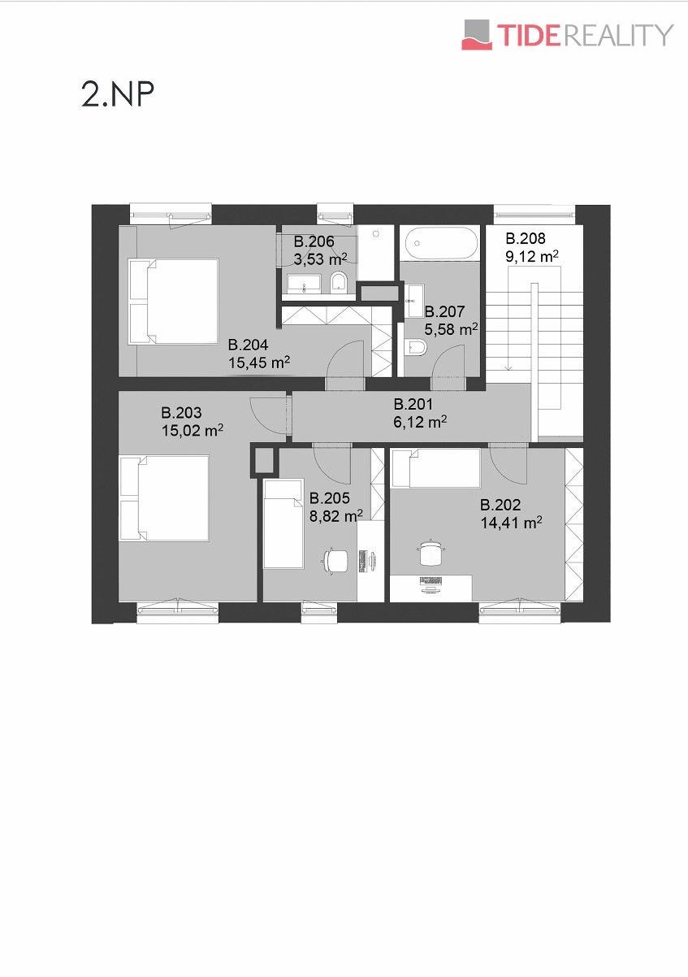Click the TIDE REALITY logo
(567, 35)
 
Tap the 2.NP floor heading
(117, 94)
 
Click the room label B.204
(248, 345)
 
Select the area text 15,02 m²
(193, 431)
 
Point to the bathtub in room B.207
(440, 243)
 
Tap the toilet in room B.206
(339, 282)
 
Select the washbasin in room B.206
(304, 284)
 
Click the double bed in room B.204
(174, 302)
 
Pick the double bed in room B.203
(164, 498)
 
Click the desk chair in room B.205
(335, 560)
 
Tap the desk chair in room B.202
(431, 553)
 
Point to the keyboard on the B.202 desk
(431, 581)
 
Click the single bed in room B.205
(283, 523)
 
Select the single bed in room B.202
(436, 468)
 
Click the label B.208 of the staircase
(526, 239)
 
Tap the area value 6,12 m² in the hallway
(420, 422)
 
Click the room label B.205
(330, 498)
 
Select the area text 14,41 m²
(511, 523)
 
